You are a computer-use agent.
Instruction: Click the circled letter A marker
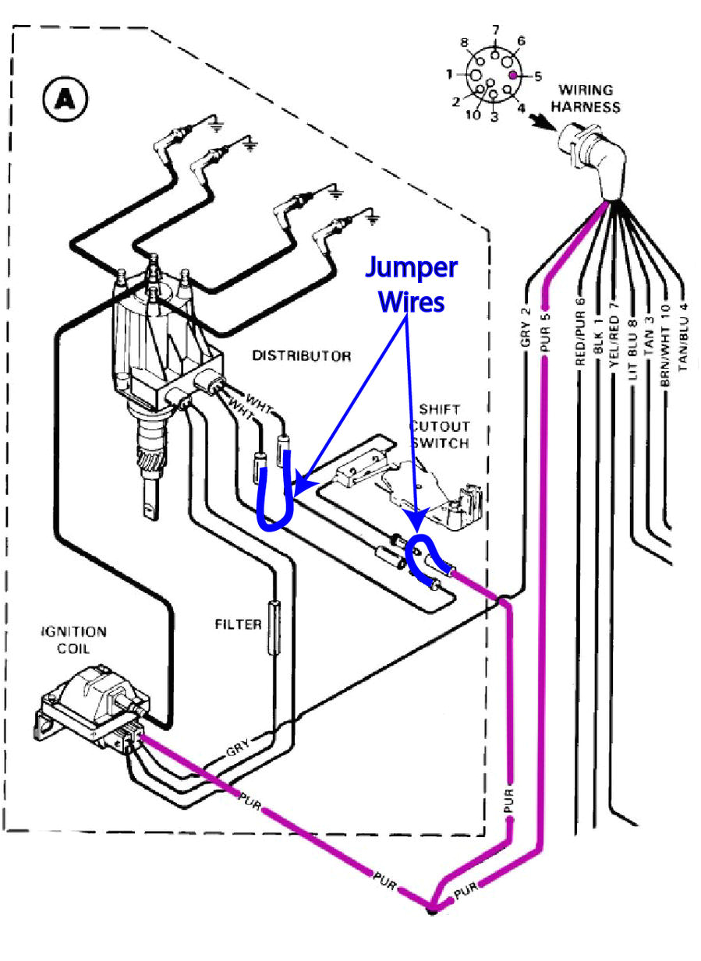[x=66, y=100]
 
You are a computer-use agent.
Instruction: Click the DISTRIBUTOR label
[x=302, y=355]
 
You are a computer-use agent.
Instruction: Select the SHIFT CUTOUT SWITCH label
[x=441, y=426]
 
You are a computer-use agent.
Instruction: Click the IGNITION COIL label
[x=74, y=639]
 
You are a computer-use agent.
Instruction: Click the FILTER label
[x=239, y=624]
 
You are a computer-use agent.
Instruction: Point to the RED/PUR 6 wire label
[x=579, y=331]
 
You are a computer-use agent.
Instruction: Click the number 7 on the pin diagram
[x=494, y=30]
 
